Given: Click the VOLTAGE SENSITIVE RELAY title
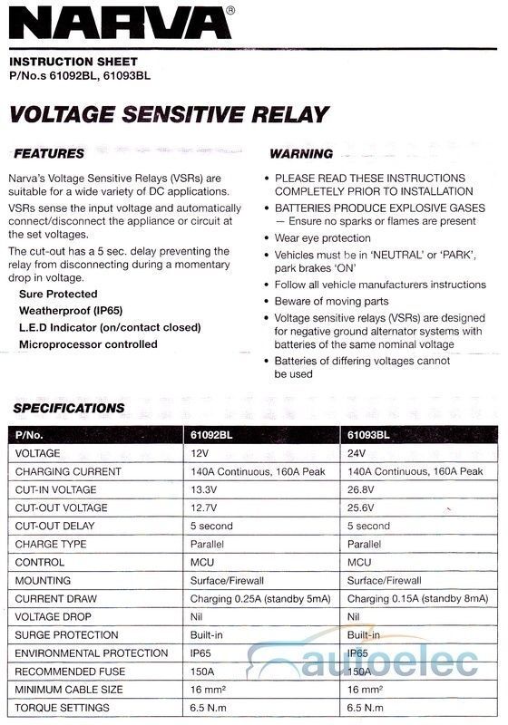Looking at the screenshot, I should (x=168, y=114).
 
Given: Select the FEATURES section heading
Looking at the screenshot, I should (x=49, y=153).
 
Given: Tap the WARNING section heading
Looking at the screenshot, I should (x=301, y=154).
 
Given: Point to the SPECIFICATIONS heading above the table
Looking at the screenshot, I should (x=69, y=408).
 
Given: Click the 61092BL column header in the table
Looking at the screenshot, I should (x=215, y=435).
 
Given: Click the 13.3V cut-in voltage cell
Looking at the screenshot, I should (x=206, y=489).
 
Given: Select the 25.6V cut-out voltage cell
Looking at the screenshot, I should (x=363, y=507).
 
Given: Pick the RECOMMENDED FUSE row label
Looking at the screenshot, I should (x=71, y=671).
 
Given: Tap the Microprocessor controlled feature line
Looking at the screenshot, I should (x=88, y=344).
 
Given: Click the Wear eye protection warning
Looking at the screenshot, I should (x=322, y=238).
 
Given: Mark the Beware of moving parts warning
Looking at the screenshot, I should (x=331, y=301).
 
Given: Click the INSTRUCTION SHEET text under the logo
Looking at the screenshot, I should (x=65, y=63).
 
